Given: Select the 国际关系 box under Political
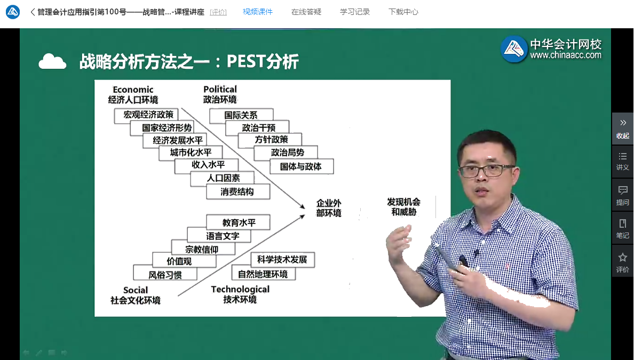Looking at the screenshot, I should pos(241,115).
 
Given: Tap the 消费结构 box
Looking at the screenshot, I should pos(237,192).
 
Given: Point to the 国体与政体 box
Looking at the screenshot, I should pos(300,166).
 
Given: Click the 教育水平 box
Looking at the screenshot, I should pos(239,222).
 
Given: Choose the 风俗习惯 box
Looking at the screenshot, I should pos(165,275).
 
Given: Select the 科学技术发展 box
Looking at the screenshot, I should pos(282,260).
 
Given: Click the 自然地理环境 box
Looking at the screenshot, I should pos(263,274).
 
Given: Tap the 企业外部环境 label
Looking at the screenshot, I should pos(328,208).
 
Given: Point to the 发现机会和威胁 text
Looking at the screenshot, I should pos(403,207).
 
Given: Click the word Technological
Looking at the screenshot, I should pos(240,289).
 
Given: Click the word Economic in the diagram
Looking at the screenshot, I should pos(133,90).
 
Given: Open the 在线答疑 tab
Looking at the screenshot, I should pos(306,12).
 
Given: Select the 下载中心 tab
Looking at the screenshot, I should pos(403,12).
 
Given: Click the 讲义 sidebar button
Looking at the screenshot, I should pos(622,161).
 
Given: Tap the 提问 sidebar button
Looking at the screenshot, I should pos(622,195).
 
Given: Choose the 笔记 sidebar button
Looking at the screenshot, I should pos(622,228).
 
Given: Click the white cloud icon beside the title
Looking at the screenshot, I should pos(52,62).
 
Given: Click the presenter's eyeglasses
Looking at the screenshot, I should pos(486,171).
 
